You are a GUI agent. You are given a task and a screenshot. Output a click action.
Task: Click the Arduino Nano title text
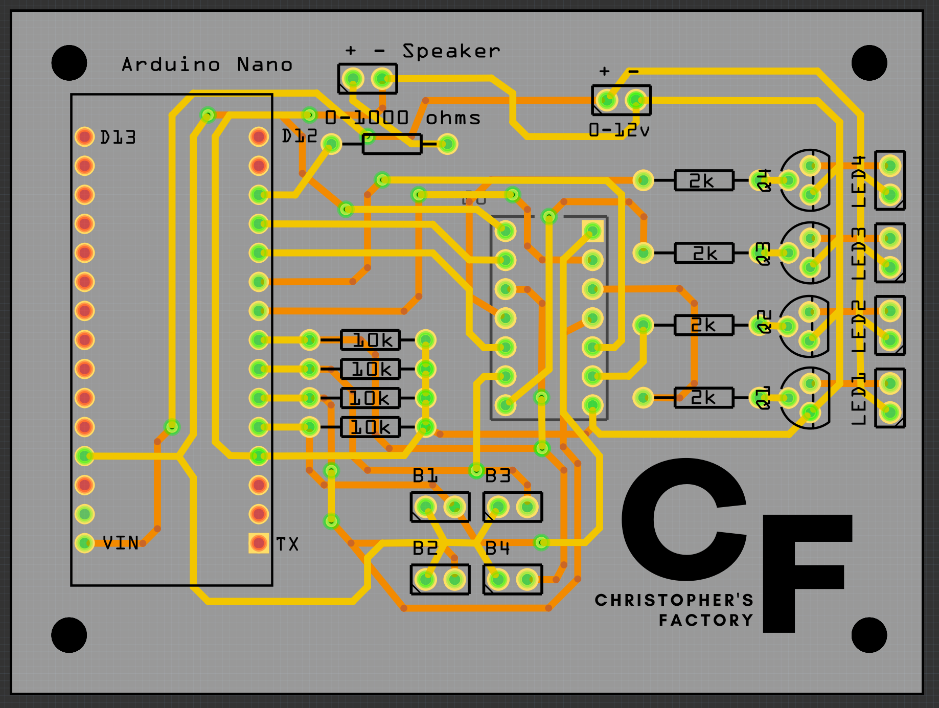(207, 65)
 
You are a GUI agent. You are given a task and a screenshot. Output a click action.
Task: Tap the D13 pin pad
(85, 136)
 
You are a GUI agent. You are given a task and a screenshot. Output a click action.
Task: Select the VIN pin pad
(85, 543)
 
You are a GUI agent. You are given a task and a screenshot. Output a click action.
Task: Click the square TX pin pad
(259, 543)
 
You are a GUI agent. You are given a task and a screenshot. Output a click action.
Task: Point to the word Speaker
(451, 51)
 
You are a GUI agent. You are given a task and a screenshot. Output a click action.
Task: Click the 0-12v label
(619, 130)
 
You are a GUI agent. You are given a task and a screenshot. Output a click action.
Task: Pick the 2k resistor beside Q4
(703, 180)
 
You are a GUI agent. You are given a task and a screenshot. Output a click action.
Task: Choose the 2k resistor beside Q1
(703, 398)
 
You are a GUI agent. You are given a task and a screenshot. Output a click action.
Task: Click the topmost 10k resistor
(371, 340)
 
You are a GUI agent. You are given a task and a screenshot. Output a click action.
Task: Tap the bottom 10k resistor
(371, 427)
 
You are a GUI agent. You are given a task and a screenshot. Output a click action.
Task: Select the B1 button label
(425, 476)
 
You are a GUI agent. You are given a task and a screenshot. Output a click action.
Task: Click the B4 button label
(497, 549)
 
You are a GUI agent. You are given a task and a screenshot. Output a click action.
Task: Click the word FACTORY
(706, 621)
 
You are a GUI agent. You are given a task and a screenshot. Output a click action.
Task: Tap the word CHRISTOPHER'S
(674, 600)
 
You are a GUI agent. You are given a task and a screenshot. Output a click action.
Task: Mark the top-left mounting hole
(69, 63)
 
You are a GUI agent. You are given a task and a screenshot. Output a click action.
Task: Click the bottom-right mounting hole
(869, 635)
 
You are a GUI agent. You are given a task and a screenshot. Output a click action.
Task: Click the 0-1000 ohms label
(403, 118)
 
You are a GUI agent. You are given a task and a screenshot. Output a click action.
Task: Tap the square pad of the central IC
(592, 231)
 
